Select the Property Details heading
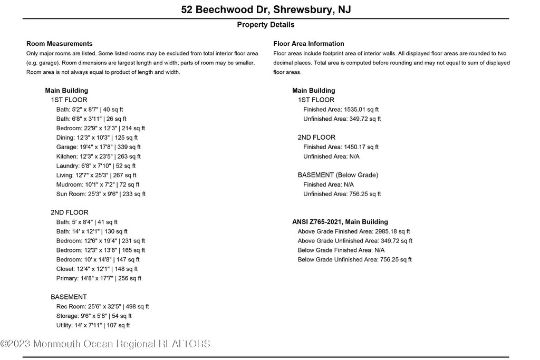(265, 25)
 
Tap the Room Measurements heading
(59, 44)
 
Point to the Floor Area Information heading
(308, 44)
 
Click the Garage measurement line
(98, 147)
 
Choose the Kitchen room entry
(98, 157)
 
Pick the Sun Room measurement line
(101, 194)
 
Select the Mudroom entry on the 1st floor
(98, 184)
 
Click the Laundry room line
(96, 166)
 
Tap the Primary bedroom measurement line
(99, 278)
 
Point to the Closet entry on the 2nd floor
(97, 269)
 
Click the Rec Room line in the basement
(102, 306)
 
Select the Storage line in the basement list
(94, 316)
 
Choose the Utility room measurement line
(93, 325)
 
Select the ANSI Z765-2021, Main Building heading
(340, 222)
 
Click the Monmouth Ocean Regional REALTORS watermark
(105, 344)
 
